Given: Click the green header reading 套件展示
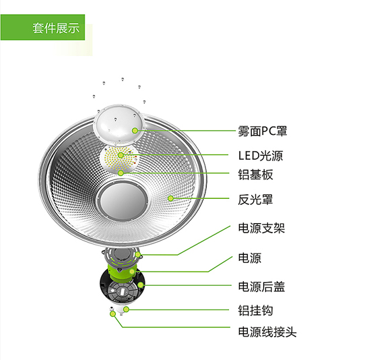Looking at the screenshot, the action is [x=42, y=27].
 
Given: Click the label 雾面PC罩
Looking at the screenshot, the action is [x=263, y=131].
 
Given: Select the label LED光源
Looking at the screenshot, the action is [x=261, y=156].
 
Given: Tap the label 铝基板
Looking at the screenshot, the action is [x=256, y=175].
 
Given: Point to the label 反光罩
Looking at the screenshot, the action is [x=256, y=200].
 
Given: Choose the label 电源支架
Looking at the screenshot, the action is [x=261, y=229].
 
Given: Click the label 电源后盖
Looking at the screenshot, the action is [x=261, y=287].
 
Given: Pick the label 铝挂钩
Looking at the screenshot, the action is [x=256, y=310].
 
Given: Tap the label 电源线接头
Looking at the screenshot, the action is [x=267, y=332].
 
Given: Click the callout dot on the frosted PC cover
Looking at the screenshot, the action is [x=135, y=130].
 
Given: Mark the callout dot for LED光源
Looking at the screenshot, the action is [x=121, y=155].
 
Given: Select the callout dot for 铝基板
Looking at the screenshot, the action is [x=121, y=173].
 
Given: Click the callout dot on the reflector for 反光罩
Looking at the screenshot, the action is [x=170, y=198].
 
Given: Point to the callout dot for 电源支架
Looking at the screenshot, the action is [x=138, y=255].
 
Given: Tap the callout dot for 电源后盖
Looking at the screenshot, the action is [x=141, y=285].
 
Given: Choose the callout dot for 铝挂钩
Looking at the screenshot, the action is [x=126, y=309].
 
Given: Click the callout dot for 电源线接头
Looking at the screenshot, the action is [x=113, y=314].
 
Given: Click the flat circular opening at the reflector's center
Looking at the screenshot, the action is [x=122, y=201].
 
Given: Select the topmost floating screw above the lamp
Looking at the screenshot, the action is [x=123, y=80].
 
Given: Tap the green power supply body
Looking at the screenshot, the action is [x=121, y=272].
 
